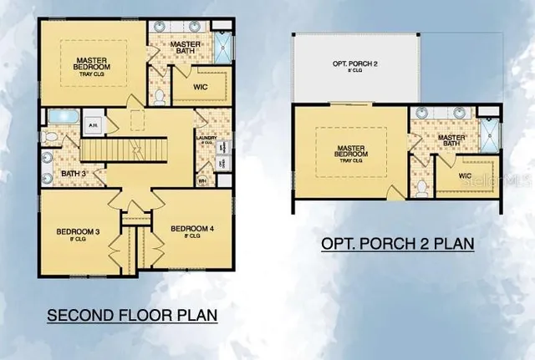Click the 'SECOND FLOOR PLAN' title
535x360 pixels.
point(132,316)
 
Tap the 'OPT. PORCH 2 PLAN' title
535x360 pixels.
point(398,244)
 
